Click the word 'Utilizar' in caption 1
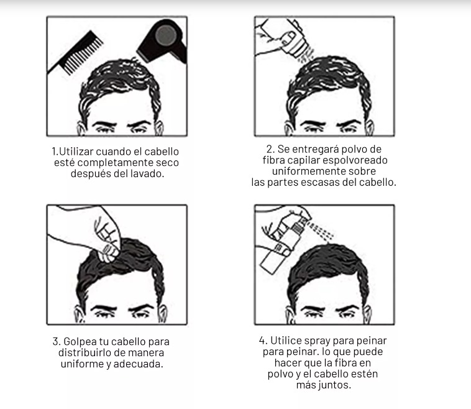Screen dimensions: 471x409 pos(76,152)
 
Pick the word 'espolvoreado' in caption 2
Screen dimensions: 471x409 pos(355,160)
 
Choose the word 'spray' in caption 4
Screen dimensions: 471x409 pos(317,341)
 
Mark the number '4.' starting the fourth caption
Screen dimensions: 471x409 pos(263,341)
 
